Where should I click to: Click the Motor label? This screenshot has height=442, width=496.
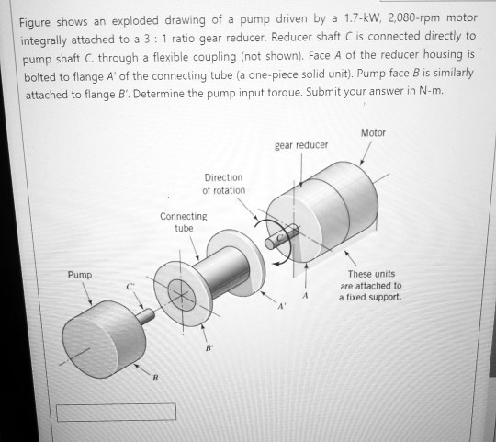[x=373, y=132]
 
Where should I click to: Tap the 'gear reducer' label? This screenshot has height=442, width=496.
[x=300, y=145]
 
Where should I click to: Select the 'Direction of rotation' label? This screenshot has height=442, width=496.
[x=224, y=183]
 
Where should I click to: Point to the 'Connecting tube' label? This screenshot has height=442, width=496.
[x=184, y=221]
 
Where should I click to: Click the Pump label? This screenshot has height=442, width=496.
[x=79, y=274]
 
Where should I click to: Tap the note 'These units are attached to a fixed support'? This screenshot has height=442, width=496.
[x=371, y=285]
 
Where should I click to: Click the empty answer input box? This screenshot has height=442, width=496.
[x=103, y=412]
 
